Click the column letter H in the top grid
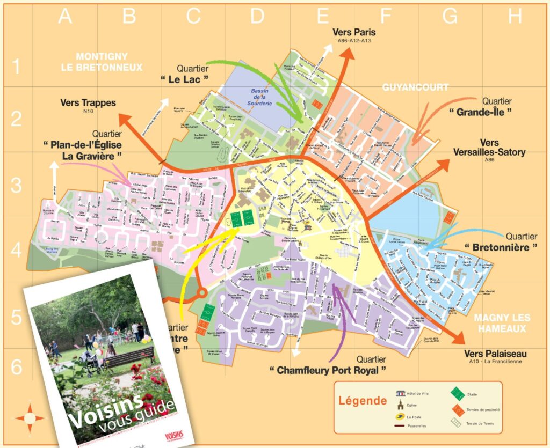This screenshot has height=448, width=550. pyautogui.click(x=515, y=17)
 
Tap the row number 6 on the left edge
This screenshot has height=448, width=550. pyautogui.click(x=17, y=368)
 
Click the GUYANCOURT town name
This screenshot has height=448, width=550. pyautogui.click(x=415, y=87)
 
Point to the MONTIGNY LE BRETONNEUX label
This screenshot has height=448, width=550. pyautogui.click(x=109, y=62)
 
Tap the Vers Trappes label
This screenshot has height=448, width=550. pyautogui.click(x=88, y=103)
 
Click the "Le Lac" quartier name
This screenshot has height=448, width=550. pyautogui.click(x=184, y=79)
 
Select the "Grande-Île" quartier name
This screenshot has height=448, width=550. pyautogui.click(x=480, y=112)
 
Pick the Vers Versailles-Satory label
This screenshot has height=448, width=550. pyautogui.click(x=489, y=148)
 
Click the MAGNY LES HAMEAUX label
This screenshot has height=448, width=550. pyautogui.click(x=499, y=323)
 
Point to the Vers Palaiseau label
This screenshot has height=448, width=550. pyautogui.click(x=495, y=354)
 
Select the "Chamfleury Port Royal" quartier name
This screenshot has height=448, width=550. pyautogui.click(x=328, y=370)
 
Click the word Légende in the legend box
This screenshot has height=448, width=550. pyautogui.click(x=362, y=401)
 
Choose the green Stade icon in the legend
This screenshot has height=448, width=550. pyautogui.click(x=455, y=394)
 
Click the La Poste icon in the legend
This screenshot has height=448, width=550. pyautogui.click(x=399, y=416)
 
